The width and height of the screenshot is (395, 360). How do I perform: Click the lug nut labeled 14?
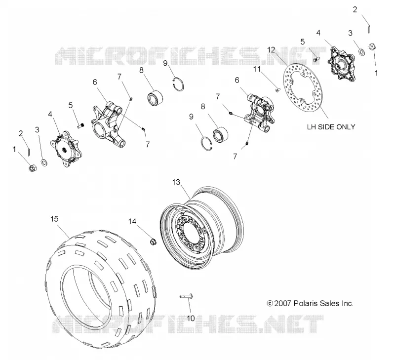pos(153,241)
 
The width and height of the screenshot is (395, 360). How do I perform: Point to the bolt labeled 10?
pos(186,296)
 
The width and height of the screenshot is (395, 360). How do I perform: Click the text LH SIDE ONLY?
pos(331,127)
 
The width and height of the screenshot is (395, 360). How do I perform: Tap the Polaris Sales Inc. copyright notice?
pos(310,303)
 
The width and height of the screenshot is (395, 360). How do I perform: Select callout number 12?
pos(271,49)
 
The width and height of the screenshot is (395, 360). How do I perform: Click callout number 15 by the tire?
pos(54,219)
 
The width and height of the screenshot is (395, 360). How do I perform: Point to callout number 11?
pos(257,69)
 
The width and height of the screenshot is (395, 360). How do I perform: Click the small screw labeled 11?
pos(277,89)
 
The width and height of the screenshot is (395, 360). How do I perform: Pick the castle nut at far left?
pos(33,167)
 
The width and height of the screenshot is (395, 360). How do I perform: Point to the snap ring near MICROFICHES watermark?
pos(178,84)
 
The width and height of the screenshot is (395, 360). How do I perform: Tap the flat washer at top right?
pos(362,52)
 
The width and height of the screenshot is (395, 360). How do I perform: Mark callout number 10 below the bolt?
pos(191,319)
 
